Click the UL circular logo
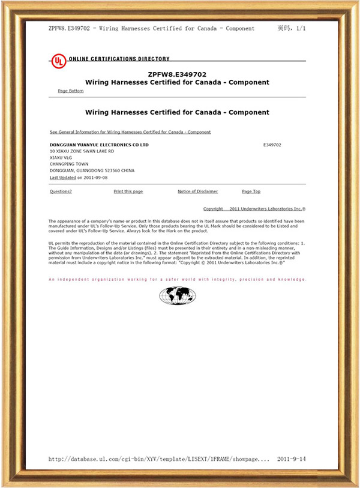pos(58,61)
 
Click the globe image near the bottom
pos(178,295)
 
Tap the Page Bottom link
pos(70,91)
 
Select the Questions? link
pos(60,191)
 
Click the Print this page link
pos(128,191)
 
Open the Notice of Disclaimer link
pos(197,191)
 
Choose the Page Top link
pos(251,191)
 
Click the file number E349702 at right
pos(272,145)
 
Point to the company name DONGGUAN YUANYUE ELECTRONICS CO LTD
pos(98,145)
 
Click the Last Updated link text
pos(62,178)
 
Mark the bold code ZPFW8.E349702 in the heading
pos(177,74)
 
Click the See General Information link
pos(130,132)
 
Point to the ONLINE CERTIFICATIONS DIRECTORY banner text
pos(119,59)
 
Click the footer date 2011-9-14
pos(292,459)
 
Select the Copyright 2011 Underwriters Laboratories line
pos(254,209)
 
